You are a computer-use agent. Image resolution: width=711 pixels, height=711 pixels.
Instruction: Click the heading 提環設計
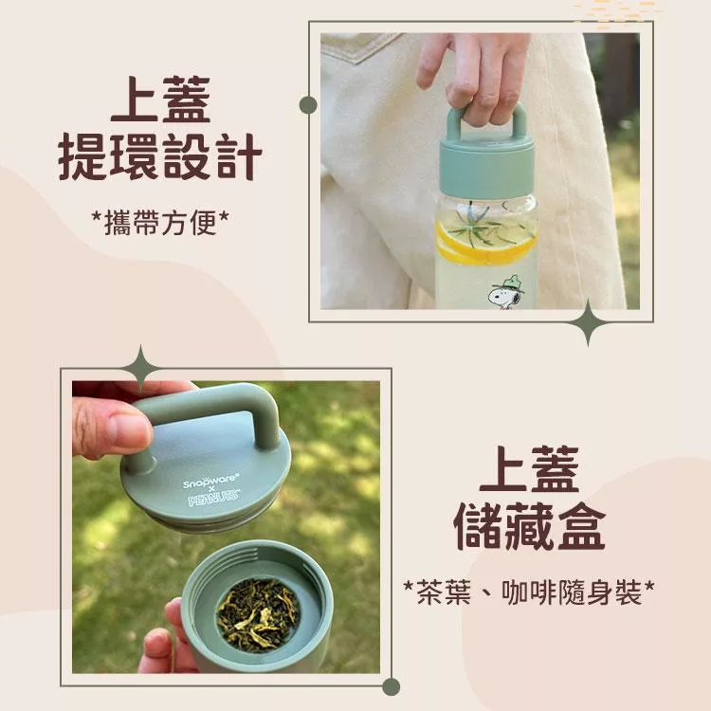(160, 156)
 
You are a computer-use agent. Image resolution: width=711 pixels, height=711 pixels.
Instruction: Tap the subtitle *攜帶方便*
(160, 223)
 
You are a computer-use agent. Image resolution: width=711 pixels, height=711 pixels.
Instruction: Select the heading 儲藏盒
(530, 527)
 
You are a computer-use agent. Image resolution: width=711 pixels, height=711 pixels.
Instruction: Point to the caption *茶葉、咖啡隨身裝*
(529, 592)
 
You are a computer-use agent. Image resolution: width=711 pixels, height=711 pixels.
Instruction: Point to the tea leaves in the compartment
(258, 615)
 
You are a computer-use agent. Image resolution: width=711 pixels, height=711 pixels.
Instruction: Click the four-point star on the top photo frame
(588, 323)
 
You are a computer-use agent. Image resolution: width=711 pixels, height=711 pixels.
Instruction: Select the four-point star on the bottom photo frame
(140, 368)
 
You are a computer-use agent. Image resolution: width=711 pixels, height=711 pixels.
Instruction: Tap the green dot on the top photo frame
(308, 105)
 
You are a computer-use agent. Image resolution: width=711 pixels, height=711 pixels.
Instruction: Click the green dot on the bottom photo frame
(391, 686)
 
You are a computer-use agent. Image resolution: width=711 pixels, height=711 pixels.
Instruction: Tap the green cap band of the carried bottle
(486, 168)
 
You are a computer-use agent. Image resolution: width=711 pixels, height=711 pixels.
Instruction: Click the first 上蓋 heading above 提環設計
(160, 99)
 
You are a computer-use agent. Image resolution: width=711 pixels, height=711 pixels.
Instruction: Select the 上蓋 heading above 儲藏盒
(530, 470)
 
